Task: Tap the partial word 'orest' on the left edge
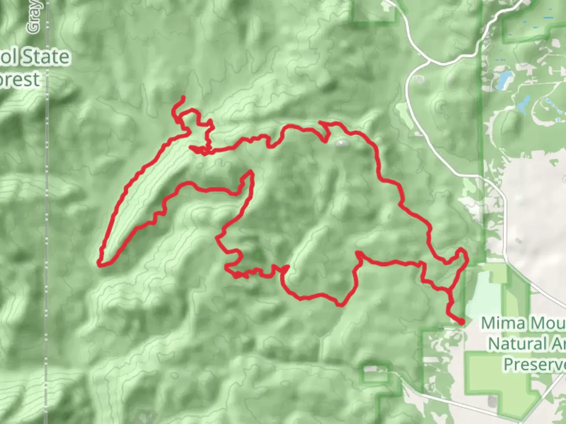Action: (20, 80)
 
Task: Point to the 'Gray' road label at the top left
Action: (34, 18)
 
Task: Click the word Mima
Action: (503, 323)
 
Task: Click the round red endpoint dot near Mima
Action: (461, 322)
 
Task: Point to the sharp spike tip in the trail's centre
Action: (250, 172)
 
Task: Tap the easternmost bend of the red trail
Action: (467, 257)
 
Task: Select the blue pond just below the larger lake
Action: (523, 104)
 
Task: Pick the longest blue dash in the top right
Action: (548, 18)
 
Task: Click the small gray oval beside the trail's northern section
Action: (341, 143)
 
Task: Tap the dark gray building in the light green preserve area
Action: (491, 400)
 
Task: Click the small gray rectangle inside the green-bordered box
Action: (370, 369)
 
